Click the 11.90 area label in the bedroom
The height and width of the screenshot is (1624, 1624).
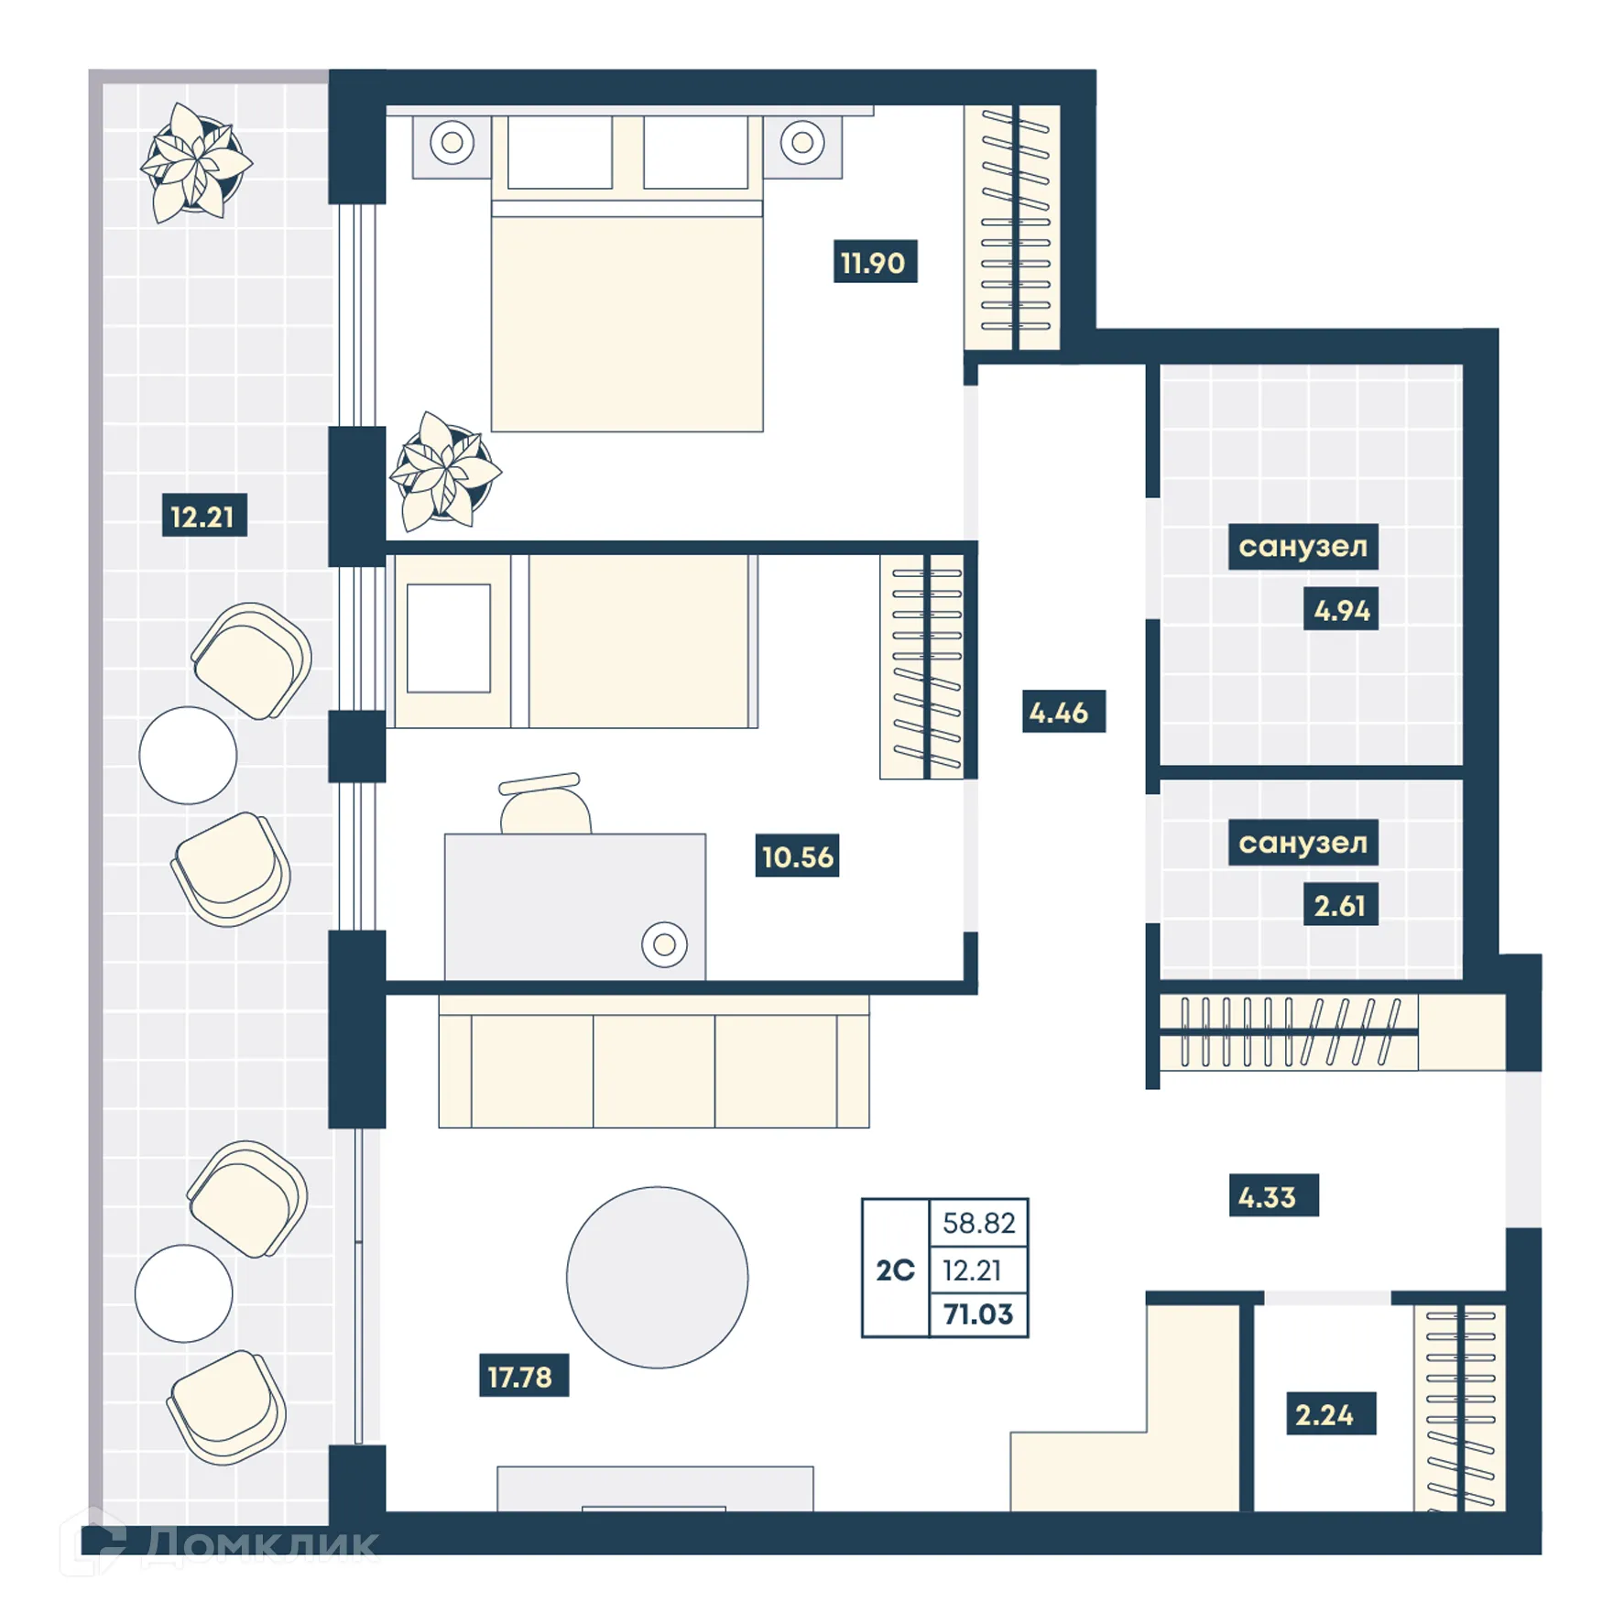[x=874, y=263]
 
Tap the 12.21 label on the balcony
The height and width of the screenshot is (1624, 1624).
[x=203, y=517]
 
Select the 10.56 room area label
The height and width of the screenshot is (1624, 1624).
[x=797, y=856]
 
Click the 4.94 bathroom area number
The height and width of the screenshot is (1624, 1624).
[x=1341, y=610]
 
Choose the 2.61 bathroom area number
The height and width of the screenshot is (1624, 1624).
[x=1339, y=906]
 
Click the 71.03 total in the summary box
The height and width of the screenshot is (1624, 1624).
[x=978, y=1314]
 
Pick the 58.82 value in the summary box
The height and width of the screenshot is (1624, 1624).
[x=978, y=1223]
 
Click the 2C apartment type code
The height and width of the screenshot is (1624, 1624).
[x=895, y=1270]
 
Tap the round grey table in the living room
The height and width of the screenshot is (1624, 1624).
[x=657, y=1277]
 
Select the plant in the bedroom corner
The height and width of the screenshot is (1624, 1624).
[x=445, y=472]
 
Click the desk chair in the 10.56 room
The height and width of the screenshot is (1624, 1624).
[x=544, y=804]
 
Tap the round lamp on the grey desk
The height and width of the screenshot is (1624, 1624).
[x=664, y=943]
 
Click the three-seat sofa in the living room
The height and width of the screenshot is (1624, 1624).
[x=653, y=1063]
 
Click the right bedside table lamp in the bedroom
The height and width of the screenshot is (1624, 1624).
[x=802, y=142]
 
